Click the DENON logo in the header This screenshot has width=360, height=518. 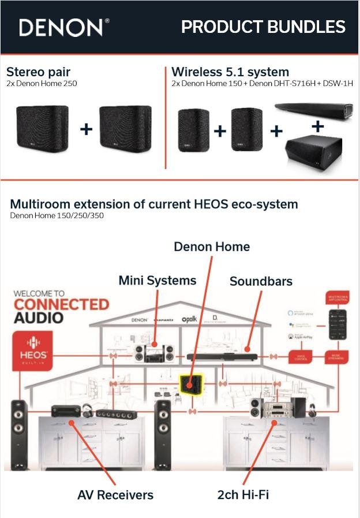tap(63, 27)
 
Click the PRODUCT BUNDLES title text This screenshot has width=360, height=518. tap(263, 27)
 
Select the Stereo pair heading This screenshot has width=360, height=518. tap(38, 72)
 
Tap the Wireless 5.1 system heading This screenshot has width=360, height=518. tap(230, 72)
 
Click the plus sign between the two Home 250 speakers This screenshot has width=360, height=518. tap(86, 128)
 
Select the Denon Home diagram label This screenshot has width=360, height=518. tap(212, 247)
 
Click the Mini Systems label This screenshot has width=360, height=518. tap(157, 281)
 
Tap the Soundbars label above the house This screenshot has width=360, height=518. tap(261, 281)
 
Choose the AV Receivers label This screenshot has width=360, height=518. tap(115, 495)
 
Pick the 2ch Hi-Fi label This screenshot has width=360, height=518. tap(243, 494)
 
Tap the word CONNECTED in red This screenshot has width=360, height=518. tap(61, 304)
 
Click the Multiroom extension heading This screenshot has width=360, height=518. tap(154, 204)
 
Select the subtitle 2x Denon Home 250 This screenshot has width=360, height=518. tap(42, 83)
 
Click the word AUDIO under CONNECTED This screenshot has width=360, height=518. tap(39, 318)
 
